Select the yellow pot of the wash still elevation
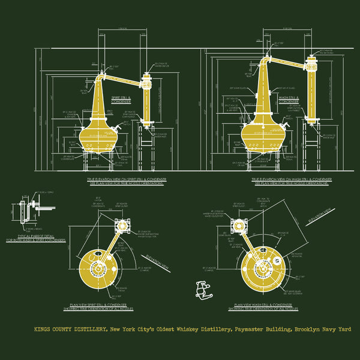(264, 135)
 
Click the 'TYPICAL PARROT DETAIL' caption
(36, 238)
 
